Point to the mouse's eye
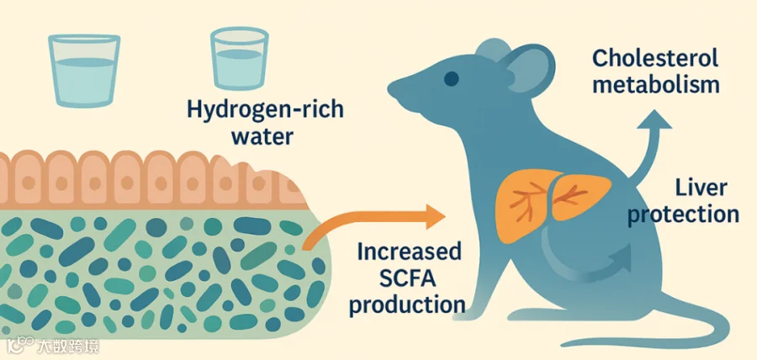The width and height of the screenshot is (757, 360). pyautogui.click(x=453, y=79)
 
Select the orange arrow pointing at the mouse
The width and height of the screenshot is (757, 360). pyautogui.click(x=378, y=222)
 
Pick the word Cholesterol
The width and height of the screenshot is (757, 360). pyautogui.click(x=656, y=59)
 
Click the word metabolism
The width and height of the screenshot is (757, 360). pyautogui.click(x=657, y=85)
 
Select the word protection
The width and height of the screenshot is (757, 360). pyautogui.click(x=683, y=214)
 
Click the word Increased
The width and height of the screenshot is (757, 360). pyautogui.click(x=410, y=251)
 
